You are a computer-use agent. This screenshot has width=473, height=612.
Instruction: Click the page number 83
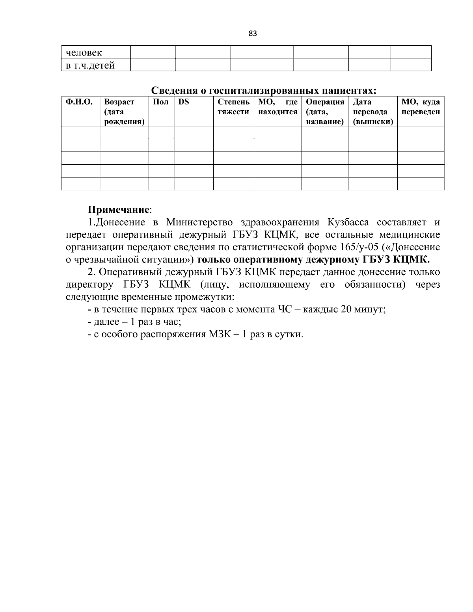[253, 33]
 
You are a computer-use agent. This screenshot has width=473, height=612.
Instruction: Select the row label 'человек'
[84, 52]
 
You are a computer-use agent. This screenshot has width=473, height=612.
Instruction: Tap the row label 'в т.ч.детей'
[90, 65]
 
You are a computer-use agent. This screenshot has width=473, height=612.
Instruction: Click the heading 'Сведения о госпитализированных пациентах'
[264, 91]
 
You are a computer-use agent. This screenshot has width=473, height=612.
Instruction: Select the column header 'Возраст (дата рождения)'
[124, 112]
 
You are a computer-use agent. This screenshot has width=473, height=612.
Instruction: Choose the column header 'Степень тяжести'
[233, 107]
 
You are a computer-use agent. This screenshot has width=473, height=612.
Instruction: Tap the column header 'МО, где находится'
[277, 107]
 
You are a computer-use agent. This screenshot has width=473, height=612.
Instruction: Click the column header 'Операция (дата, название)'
[325, 112]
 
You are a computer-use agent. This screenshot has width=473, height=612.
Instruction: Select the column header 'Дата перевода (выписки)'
[372, 112]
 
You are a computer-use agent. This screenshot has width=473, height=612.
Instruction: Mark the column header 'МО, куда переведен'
[421, 107]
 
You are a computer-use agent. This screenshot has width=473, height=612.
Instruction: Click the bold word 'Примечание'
[118, 209]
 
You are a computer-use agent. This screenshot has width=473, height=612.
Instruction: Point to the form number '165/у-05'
[356, 247]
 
